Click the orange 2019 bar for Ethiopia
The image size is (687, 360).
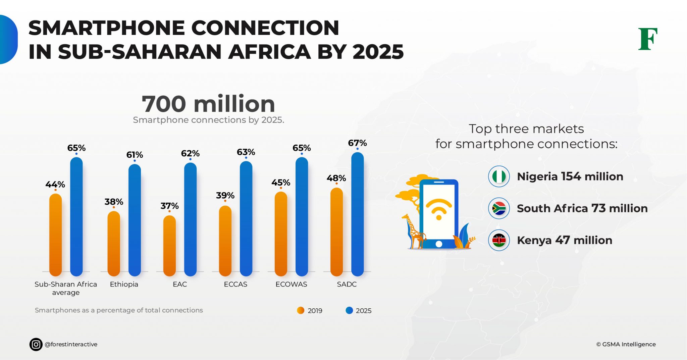pyautogui.click(x=114, y=243)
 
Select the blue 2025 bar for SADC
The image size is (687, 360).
pyautogui.click(x=357, y=215)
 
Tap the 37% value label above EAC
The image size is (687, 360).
pyautogui.click(x=169, y=206)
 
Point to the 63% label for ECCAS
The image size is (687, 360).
pyautogui.click(x=246, y=152)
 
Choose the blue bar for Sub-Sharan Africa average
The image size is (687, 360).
pyautogui.click(x=76, y=217)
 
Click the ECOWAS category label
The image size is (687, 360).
pyautogui.click(x=291, y=284)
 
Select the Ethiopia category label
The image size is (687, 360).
pyautogui.click(x=124, y=284)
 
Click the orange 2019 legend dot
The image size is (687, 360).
pyautogui.click(x=301, y=310)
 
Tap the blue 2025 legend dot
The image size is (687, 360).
pyautogui.click(x=349, y=310)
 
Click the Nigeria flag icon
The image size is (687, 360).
pyautogui.click(x=499, y=176)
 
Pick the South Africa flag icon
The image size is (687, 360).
pyautogui.click(x=499, y=208)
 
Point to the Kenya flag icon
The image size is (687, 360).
pyautogui.click(x=499, y=240)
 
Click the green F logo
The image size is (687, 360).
pyautogui.click(x=647, y=39)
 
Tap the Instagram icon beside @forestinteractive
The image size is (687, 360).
pyautogui.click(x=36, y=344)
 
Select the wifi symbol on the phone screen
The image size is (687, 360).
pyautogui.click(x=438, y=209)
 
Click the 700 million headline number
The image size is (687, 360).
pyautogui.click(x=208, y=104)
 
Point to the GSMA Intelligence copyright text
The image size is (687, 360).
pyautogui.click(x=626, y=344)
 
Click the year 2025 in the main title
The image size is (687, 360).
pyautogui.click(x=378, y=52)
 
